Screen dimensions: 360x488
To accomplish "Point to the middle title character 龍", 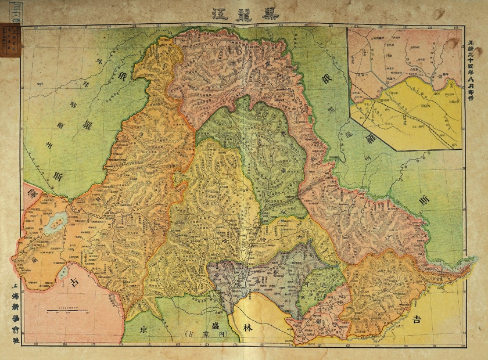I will coord(244,13).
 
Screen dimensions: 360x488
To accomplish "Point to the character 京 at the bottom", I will coord(143,329).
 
